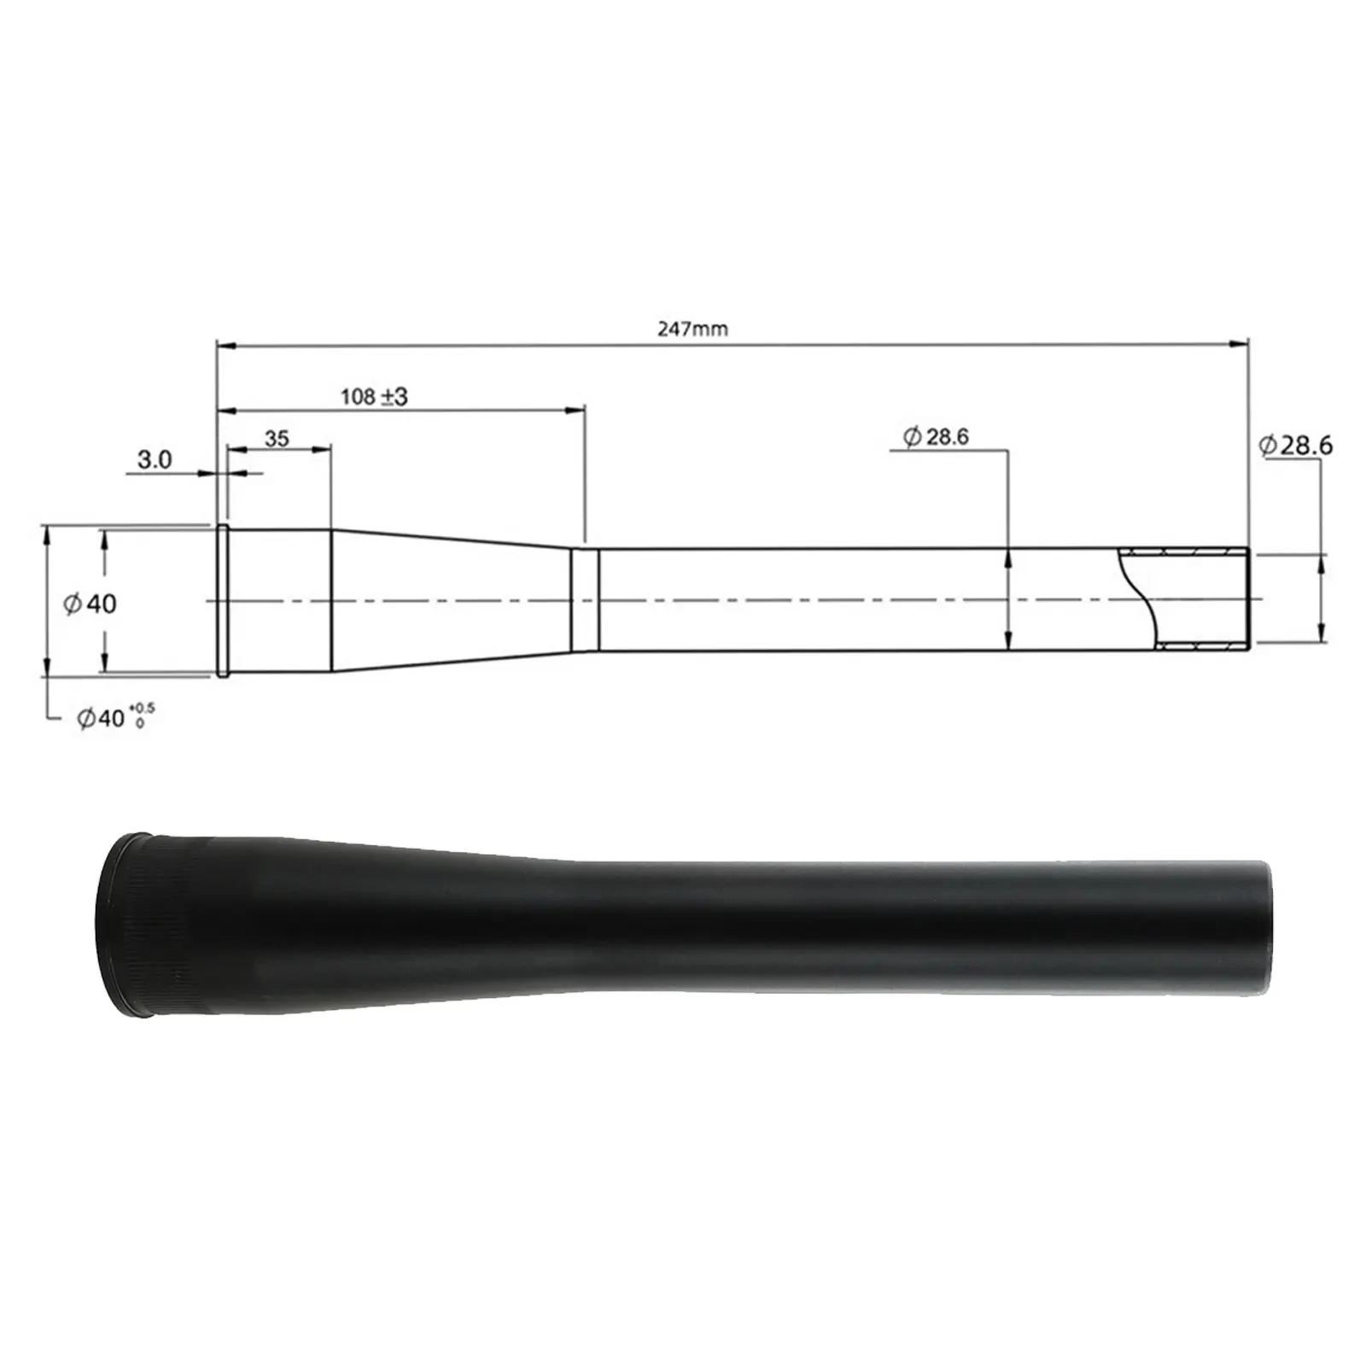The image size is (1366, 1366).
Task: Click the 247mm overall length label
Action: (692, 329)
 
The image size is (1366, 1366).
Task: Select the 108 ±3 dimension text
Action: (374, 396)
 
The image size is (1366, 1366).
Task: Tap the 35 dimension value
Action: (277, 439)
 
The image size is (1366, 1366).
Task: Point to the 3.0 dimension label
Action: (155, 460)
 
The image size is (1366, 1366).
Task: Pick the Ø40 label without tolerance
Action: (90, 604)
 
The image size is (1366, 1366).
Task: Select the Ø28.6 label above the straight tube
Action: (936, 437)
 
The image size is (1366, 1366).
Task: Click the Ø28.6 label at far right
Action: (1295, 446)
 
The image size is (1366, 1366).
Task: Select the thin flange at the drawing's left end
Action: (223, 601)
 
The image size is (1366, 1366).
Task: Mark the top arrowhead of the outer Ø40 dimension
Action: (47, 534)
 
